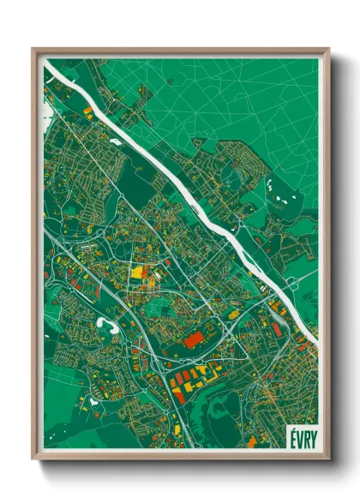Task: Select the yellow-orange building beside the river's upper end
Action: coord(87,111)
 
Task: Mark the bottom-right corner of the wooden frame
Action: coord(328,459)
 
